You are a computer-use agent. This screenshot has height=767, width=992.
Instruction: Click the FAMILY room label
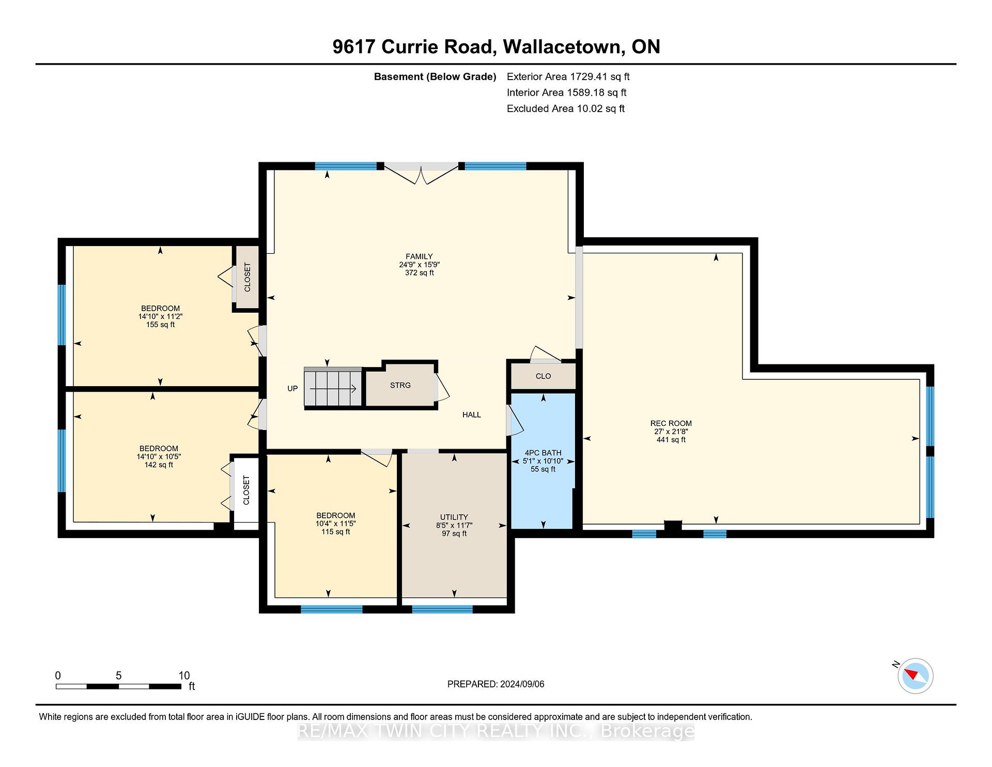click(x=419, y=256)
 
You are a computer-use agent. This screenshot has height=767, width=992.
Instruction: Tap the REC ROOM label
click(x=671, y=423)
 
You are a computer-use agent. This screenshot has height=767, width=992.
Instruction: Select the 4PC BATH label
click(x=543, y=453)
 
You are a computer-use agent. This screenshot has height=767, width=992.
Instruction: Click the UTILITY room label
click(x=454, y=517)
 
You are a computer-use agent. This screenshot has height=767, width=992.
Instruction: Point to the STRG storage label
click(x=400, y=385)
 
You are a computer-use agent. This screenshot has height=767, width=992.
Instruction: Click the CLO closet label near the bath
click(x=543, y=376)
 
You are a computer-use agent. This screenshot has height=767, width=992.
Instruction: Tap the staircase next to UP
click(x=333, y=388)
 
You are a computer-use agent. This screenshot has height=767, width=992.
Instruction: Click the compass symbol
click(x=916, y=676)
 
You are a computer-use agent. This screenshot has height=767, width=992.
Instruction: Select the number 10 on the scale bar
click(x=184, y=676)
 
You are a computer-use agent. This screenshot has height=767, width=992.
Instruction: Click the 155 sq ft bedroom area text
click(x=160, y=325)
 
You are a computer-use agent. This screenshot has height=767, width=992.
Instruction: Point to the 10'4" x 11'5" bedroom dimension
click(x=336, y=524)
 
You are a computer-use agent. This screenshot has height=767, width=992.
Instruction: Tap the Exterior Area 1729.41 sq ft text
click(x=568, y=76)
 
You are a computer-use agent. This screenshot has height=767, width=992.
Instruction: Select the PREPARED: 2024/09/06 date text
click(x=496, y=684)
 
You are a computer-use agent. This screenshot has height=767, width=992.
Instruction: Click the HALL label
click(x=472, y=415)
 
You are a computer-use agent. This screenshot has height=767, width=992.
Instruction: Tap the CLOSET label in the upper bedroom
click(x=247, y=277)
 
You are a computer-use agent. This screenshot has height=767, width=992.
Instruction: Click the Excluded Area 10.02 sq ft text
click(x=566, y=109)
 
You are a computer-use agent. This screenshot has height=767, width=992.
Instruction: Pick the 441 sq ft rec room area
click(x=671, y=440)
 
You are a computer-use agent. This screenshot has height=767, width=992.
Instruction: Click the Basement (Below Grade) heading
click(x=435, y=77)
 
